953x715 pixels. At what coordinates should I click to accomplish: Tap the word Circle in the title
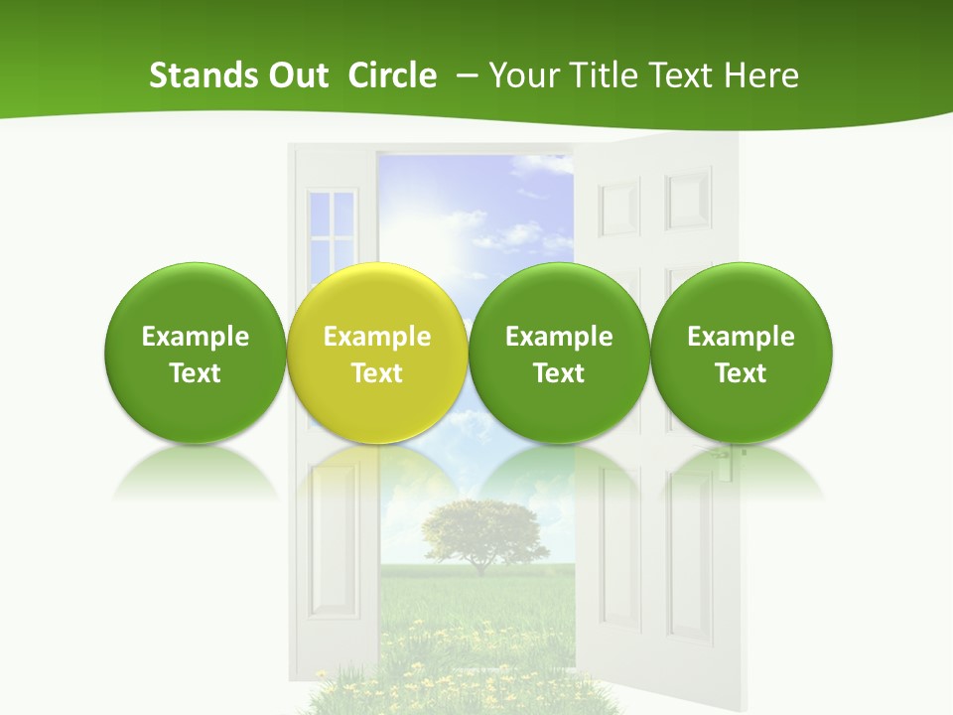point(392,75)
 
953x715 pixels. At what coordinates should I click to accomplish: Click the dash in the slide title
point(465,75)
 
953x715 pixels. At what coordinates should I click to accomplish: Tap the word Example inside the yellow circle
point(377,337)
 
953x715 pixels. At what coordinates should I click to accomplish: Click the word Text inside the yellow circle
point(377,373)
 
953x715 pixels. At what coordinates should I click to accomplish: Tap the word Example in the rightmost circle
point(742,337)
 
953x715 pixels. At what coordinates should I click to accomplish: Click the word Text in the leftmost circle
point(195,373)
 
